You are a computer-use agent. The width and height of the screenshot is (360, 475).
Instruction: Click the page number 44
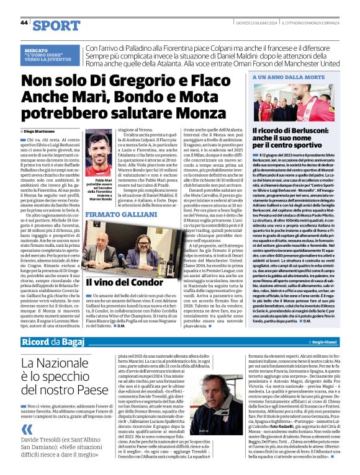coord(24,22)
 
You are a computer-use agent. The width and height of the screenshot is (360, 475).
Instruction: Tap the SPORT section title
coord(56,25)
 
